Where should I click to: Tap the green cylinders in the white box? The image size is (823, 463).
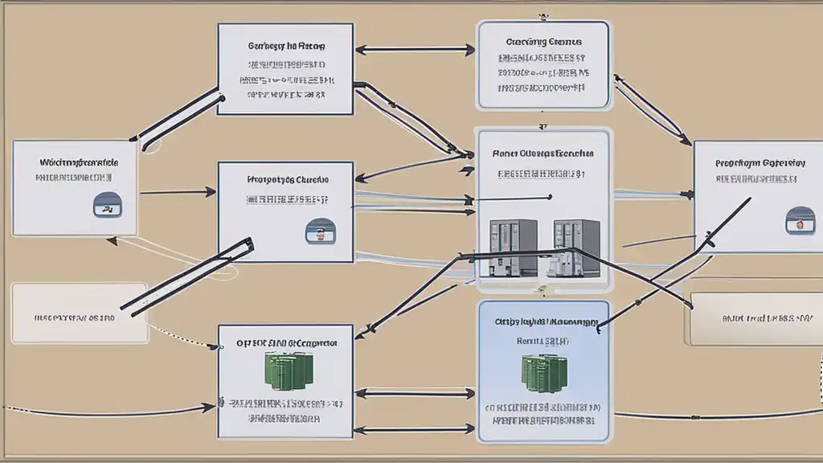[x=285, y=369]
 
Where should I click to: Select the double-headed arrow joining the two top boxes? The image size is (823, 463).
[x=415, y=49]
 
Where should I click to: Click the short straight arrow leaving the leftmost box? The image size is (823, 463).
[x=177, y=192]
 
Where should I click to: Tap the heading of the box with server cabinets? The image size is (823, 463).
[x=543, y=153]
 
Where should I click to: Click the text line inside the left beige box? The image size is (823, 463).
[x=75, y=318]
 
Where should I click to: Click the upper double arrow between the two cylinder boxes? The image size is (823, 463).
[x=415, y=393]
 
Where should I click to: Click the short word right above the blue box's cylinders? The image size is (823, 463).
[x=543, y=342]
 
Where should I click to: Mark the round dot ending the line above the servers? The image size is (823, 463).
[x=550, y=195]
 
